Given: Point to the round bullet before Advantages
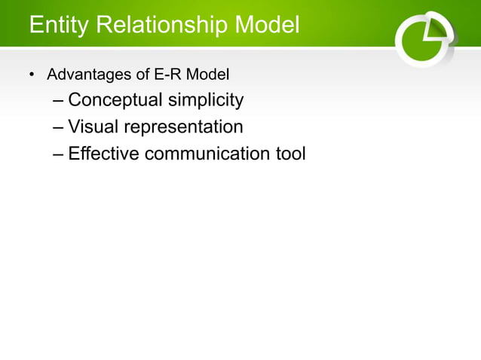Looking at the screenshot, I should (32, 76).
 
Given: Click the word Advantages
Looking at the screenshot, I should (88, 76).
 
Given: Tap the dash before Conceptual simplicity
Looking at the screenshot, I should (59, 100).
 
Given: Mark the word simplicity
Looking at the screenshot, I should (207, 100).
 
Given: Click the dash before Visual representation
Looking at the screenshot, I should (59, 127).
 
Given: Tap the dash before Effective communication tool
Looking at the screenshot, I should (59, 154).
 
